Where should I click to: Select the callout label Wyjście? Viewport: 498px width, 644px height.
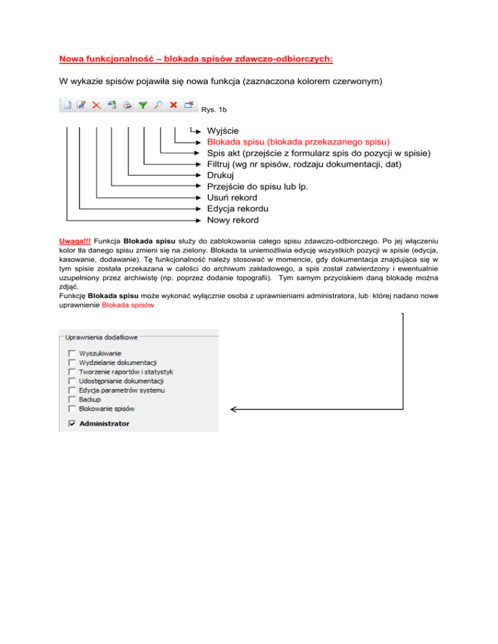[223, 130]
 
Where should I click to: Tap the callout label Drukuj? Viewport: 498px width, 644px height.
[220, 176]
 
